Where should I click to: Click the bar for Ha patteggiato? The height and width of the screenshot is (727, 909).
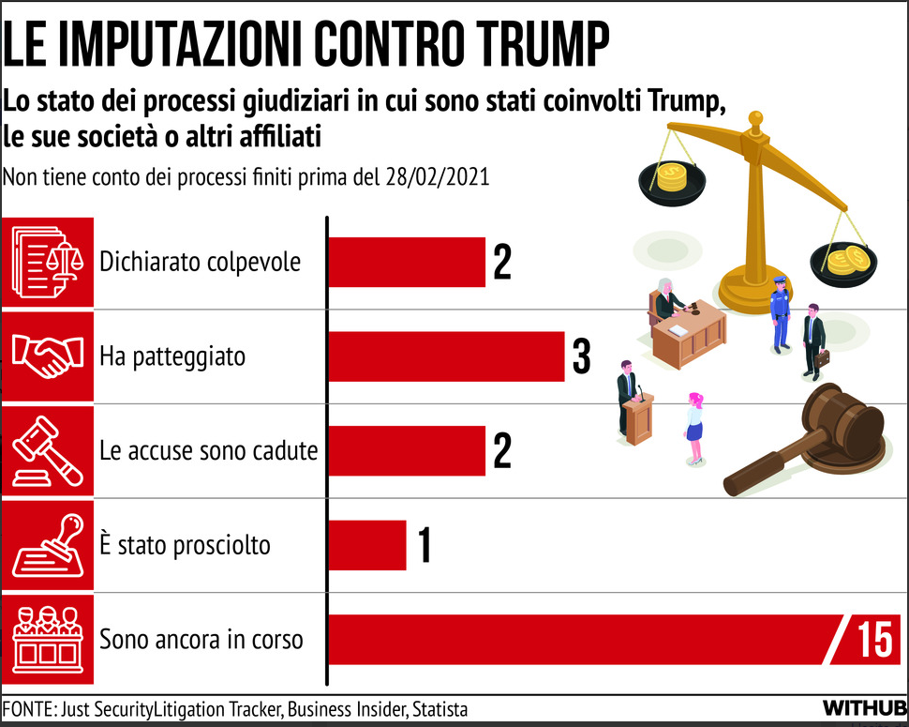446,356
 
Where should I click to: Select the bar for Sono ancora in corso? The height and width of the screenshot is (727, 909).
581,639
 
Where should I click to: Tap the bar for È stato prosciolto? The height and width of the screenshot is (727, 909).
367,545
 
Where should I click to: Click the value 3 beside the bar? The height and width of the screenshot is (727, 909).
581,356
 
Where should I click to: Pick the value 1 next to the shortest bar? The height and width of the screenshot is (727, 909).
424,546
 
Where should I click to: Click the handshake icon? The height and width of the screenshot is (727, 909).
47,356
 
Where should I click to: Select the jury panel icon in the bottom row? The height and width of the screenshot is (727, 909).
47,639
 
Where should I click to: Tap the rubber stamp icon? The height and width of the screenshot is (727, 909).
47,545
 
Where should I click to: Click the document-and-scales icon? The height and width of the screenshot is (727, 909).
47,262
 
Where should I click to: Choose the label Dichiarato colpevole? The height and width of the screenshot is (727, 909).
201,261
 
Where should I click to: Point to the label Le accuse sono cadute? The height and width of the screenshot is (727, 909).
208,450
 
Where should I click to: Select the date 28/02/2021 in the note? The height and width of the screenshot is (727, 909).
437,177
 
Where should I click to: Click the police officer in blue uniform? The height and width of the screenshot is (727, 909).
780,311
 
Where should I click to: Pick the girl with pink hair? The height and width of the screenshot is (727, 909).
693,428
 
